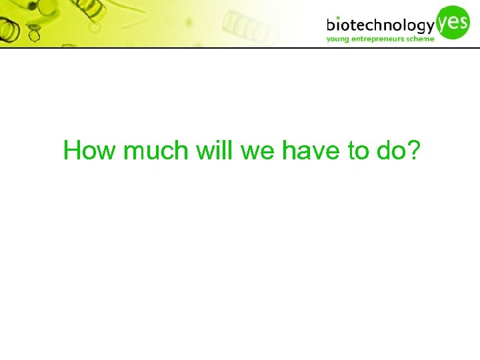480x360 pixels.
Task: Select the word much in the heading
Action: pyautogui.click(x=156, y=151)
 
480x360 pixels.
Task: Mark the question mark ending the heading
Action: pyautogui.click(x=413, y=151)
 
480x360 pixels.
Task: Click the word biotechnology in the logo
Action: pyautogui.click(x=381, y=26)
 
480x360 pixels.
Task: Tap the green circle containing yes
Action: pyautogui.click(x=454, y=21)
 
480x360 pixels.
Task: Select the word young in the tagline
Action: pyautogui.click(x=338, y=39)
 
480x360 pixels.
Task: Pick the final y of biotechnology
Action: pyautogui.click(x=430, y=28)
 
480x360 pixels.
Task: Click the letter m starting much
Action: pyautogui.click(x=135, y=153)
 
